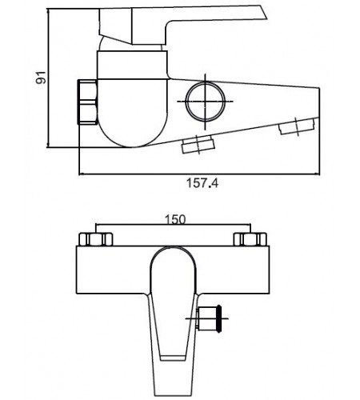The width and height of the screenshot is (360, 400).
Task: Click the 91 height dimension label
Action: (x=41, y=78)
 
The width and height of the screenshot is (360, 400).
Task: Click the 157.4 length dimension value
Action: (x=202, y=183)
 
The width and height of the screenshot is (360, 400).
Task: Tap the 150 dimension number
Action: (x=175, y=219)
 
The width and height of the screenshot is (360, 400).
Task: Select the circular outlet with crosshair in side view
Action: (x=206, y=102)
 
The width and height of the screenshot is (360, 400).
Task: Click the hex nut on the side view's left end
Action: (x=87, y=102)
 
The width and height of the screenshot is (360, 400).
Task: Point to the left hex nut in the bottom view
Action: (x=96, y=239)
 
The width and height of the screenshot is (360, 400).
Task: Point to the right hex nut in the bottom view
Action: (x=250, y=239)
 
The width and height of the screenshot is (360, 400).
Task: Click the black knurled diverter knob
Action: (x=219, y=318)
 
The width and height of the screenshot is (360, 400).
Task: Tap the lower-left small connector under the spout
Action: (x=198, y=145)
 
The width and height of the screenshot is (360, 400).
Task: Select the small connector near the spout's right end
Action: (x=297, y=126)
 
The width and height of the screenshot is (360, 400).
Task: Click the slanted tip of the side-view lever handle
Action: (x=263, y=12)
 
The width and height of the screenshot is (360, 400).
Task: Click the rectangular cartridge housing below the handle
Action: (x=132, y=65)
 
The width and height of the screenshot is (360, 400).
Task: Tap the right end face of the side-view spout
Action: (x=319, y=102)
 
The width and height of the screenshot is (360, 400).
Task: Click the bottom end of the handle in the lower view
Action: (x=174, y=395)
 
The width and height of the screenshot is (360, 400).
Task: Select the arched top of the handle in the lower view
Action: (x=173, y=248)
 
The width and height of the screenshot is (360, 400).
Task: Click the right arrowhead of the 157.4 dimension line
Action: (x=318, y=174)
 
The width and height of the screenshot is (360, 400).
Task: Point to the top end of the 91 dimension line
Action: (x=48, y=9)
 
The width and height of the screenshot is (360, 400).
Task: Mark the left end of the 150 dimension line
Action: (x=96, y=225)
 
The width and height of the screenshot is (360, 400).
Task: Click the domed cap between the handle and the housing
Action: (x=130, y=46)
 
